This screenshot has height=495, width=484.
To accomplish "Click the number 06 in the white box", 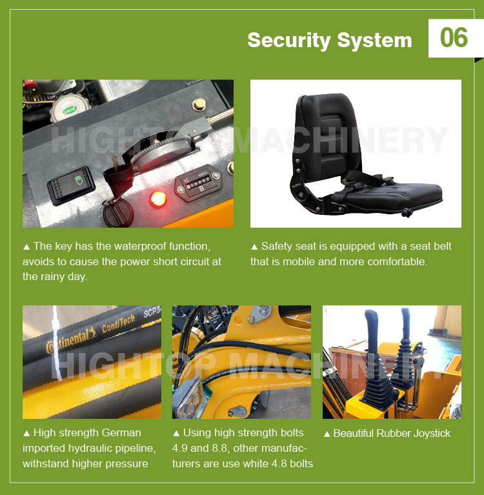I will (454, 38).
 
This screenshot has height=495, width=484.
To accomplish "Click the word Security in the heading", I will (286, 40).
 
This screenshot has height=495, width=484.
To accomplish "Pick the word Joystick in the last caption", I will (428, 434).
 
